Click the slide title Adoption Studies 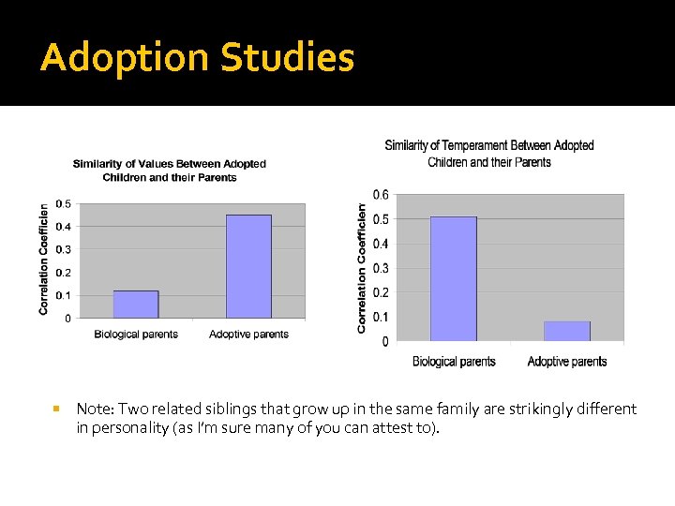(x=198, y=58)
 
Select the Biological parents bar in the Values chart (x=136, y=305)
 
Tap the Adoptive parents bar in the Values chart (x=248, y=267)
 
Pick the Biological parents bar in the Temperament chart (x=454, y=279)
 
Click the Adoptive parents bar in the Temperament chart (x=567, y=332)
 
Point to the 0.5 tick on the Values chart (x=62, y=204)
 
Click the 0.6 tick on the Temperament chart (x=382, y=195)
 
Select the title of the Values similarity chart (x=170, y=171)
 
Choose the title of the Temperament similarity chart (x=489, y=154)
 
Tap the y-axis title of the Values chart (x=44, y=260)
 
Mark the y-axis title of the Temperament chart (x=362, y=269)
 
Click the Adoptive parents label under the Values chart (x=248, y=335)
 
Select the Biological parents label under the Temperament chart (x=454, y=362)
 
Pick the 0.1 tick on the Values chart (x=62, y=296)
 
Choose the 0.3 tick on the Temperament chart (x=382, y=269)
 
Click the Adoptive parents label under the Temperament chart (x=567, y=362)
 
